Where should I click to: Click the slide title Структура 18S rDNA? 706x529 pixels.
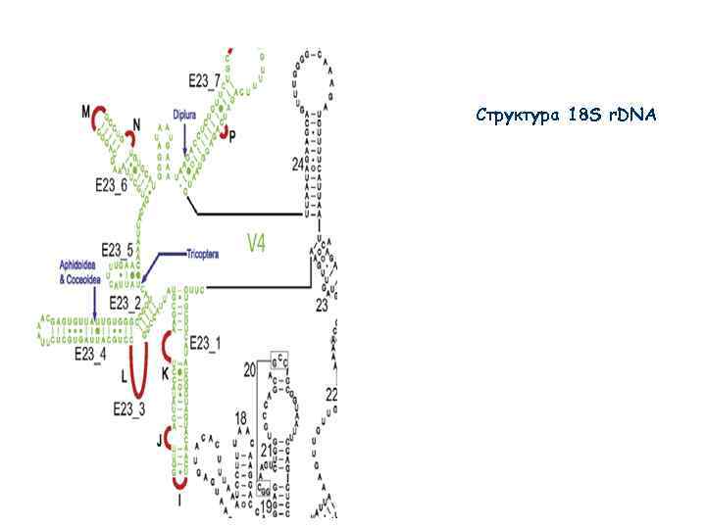coord(566,116)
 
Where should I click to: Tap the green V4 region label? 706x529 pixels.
coord(255,243)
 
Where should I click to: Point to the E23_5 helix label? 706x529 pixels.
coord(118,250)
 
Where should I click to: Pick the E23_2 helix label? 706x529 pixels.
coord(126,303)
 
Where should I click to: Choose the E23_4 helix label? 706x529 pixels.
coord(89,353)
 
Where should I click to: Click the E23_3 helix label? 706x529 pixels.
coord(129,409)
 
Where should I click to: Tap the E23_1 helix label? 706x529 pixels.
coord(206,342)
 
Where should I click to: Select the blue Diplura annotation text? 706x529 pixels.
coord(185,115)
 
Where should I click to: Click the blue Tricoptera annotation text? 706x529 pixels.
coord(203,254)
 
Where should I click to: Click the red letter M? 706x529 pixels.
coord(85,110)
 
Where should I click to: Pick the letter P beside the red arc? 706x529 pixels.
coord(232,134)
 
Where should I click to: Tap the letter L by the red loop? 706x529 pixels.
coord(124,375)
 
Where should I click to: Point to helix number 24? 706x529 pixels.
coord(297,165)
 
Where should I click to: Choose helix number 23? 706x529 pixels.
coord(321,305)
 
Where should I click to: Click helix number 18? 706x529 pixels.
coord(241,418)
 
